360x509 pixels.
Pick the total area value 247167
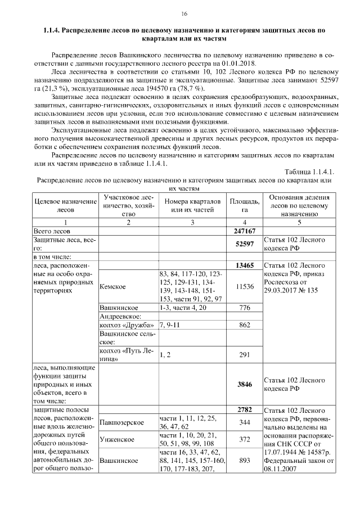pos(245,231)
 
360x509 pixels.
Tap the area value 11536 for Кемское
pos(245,286)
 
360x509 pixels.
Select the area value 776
pos(245,308)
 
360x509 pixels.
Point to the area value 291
pos(245,355)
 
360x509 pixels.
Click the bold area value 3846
pos(245,385)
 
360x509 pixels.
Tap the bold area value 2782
pos(245,409)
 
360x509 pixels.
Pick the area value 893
pos(245,461)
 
